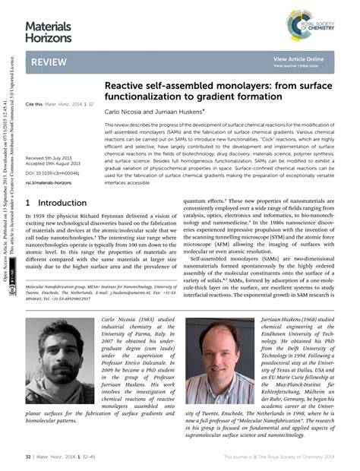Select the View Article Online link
(298, 58)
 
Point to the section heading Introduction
(57, 204)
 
